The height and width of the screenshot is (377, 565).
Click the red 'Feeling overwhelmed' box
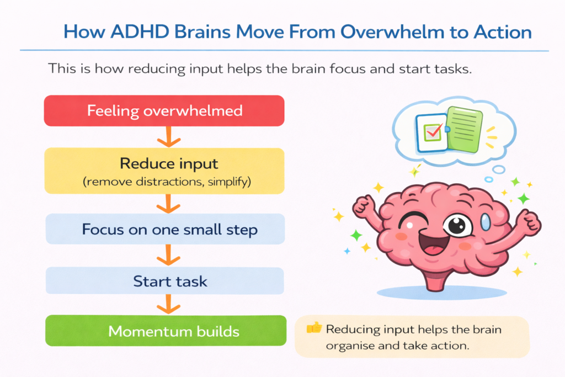point(164,110)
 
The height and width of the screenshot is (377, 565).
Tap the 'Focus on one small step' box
point(164,229)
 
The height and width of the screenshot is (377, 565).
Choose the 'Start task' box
point(164,281)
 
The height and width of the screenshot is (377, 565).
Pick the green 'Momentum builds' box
point(164,331)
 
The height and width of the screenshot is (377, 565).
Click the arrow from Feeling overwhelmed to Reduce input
point(165,136)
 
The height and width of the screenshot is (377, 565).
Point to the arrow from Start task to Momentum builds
point(165,305)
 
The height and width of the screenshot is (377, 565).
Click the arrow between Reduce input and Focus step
point(165,203)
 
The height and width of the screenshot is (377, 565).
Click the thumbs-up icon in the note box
point(313,328)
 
